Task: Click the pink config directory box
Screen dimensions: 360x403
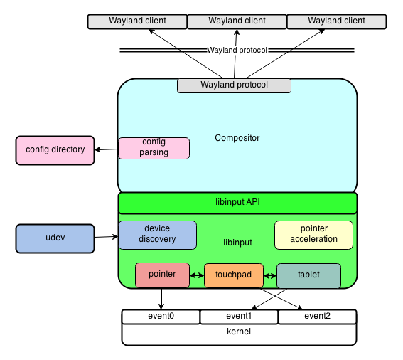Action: [x=55, y=150]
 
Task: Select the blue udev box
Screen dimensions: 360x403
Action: [x=55, y=238]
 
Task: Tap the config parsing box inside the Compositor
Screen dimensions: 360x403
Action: [x=154, y=148]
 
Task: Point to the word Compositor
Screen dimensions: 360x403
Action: [x=237, y=138]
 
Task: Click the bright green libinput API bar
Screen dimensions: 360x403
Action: [x=237, y=203]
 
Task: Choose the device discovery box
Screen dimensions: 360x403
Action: [x=157, y=234]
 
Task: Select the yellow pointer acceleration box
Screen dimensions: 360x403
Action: [x=313, y=234]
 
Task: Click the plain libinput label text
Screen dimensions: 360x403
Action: [x=237, y=243]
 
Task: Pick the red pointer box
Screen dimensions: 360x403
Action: [x=162, y=275]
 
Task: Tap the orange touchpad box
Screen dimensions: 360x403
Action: [x=233, y=275]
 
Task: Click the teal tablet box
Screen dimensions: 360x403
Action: [x=308, y=275]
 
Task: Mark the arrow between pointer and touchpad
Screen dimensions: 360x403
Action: [x=197, y=275]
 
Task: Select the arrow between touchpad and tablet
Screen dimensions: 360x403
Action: [x=269, y=275]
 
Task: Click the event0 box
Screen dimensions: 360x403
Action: [x=161, y=317]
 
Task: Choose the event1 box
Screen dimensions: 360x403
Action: [x=239, y=317]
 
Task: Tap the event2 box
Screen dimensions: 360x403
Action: [x=317, y=317]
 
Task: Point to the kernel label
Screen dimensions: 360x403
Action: [x=239, y=332]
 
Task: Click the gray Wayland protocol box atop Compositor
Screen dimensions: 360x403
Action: [x=234, y=85]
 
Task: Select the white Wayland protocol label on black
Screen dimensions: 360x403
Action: [x=237, y=51]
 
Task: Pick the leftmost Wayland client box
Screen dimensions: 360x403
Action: [x=137, y=21]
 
